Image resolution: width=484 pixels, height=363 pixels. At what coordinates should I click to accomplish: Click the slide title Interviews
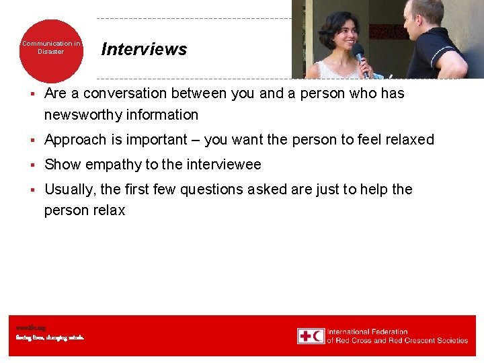[144, 49]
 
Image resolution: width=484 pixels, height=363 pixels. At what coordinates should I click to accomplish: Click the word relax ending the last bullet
[109, 210]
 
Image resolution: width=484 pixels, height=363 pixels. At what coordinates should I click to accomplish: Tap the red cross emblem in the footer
[305, 336]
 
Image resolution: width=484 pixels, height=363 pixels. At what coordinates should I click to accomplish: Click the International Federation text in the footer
[368, 331]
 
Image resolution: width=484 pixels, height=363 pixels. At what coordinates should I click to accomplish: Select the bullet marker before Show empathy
[32, 165]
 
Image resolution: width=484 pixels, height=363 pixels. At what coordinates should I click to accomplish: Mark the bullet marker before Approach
[32, 140]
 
